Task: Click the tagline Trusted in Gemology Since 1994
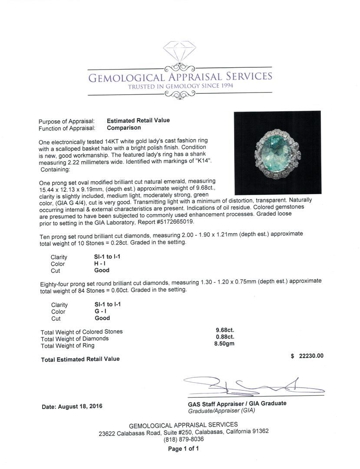tap(180, 86)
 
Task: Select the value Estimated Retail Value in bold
tap(138, 120)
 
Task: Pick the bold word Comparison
tap(124, 128)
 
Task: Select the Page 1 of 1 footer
tap(183, 449)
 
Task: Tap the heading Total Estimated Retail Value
tap(80, 359)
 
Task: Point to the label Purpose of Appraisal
tap(66, 122)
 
